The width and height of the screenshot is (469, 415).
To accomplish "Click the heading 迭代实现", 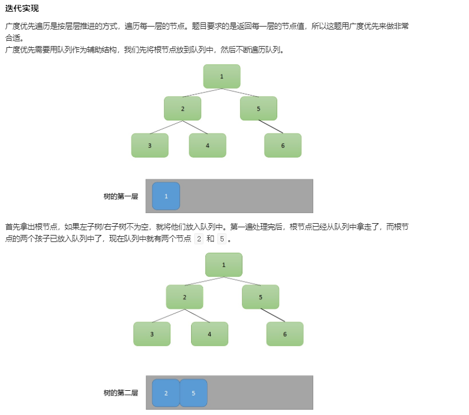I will [x=22, y=8].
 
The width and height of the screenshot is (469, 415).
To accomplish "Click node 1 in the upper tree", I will [x=222, y=76].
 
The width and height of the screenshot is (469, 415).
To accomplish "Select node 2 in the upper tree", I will [x=182, y=109].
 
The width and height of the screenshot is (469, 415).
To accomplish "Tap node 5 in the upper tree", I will [x=258, y=109].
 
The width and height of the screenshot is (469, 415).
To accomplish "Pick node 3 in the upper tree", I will [x=150, y=145].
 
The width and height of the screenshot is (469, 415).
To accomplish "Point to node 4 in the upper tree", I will [x=208, y=145].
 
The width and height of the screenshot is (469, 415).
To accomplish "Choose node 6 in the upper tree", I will [x=283, y=145].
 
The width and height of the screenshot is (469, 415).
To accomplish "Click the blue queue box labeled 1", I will [x=166, y=196].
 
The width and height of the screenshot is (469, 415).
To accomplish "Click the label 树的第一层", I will [x=120, y=197].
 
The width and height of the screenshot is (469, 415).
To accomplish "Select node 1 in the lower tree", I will [x=224, y=264].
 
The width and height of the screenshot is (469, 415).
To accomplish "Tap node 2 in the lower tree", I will [x=185, y=297].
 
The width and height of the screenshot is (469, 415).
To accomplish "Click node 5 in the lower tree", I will [x=260, y=297].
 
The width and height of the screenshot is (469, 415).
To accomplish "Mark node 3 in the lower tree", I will [x=152, y=334].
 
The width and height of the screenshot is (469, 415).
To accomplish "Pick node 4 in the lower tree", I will [x=209, y=334].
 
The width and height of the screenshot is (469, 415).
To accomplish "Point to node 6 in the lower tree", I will [x=285, y=334].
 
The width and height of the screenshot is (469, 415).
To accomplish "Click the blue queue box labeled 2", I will [x=166, y=393].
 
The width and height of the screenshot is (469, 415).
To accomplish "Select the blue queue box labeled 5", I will [x=193, y=393].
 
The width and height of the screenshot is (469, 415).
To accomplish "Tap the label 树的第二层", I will [x=120, y=393].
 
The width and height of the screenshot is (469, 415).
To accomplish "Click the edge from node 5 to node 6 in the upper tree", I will [x=271, y=127].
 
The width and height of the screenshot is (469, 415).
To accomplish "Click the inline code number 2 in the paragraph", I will [x=198, y=239].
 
